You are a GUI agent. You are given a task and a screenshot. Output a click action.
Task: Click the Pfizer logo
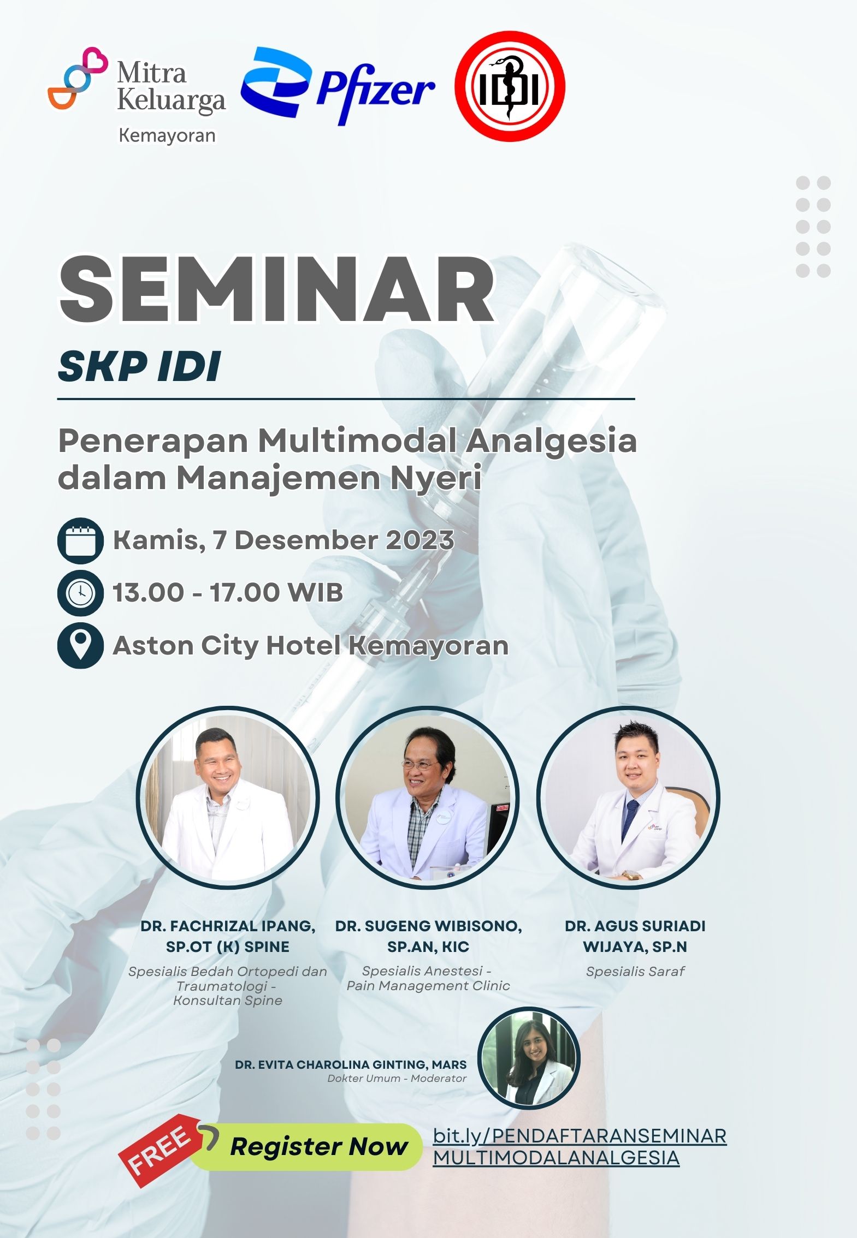(338, 86)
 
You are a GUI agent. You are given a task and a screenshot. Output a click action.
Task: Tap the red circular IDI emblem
(510, 87)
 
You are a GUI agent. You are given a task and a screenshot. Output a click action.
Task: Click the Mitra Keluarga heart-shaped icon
(78, 78)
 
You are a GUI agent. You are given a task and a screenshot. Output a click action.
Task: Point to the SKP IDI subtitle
(139, 366)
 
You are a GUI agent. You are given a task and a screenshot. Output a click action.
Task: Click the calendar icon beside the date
(80, 540)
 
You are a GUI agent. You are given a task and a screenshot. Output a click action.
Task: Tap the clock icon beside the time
(80, 593)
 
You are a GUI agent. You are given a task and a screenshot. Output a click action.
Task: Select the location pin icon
(80, 646)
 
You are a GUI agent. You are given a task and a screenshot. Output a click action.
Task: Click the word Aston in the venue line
(152, 645)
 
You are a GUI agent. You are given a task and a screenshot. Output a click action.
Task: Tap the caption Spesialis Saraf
(635, 971)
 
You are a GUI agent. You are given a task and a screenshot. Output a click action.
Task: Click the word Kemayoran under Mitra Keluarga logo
(167, 135)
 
